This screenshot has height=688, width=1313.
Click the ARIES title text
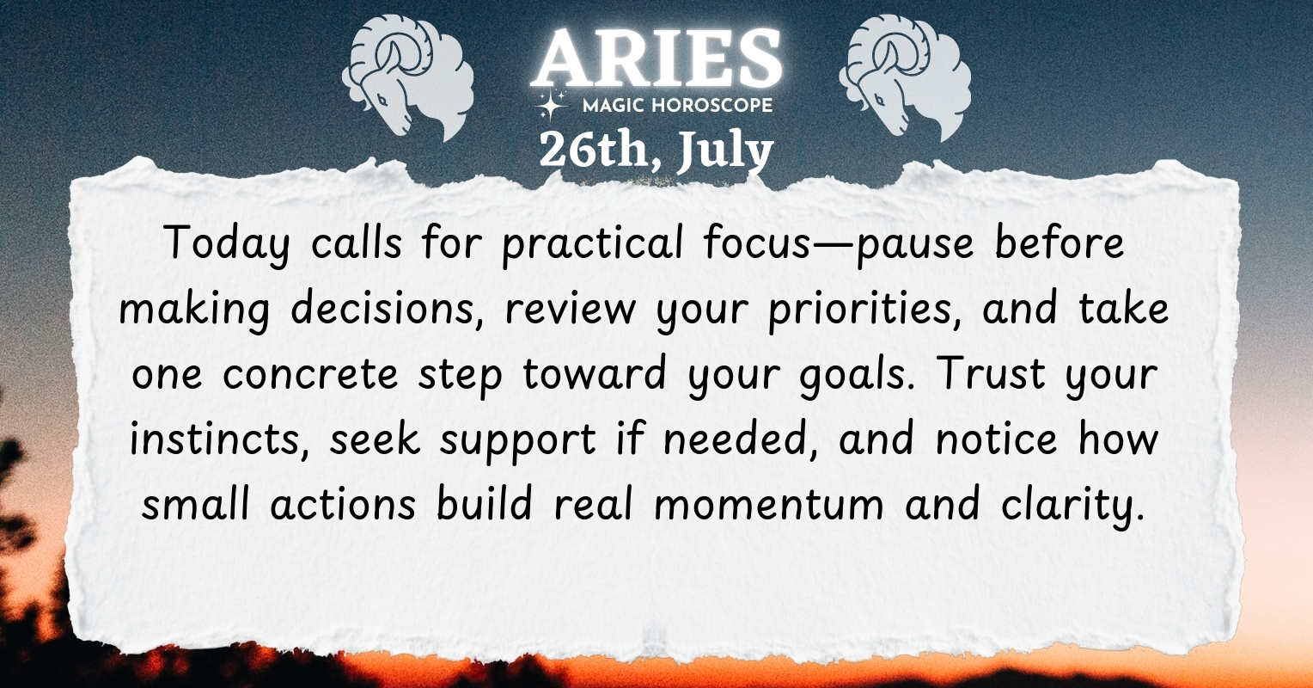pos(657,58)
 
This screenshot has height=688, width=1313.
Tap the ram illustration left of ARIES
pos(408,77)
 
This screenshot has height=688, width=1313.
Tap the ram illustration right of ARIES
pos(905,77)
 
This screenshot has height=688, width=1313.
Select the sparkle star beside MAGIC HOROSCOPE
pos(551,104)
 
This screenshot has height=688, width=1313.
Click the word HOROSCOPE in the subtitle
pos(711,106)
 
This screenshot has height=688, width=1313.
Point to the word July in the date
pos(724,150)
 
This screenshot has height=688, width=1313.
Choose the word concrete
pos(311,374)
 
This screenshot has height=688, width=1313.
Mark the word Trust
pos(992,372)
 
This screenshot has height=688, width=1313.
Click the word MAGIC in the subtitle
pos(614,106)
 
